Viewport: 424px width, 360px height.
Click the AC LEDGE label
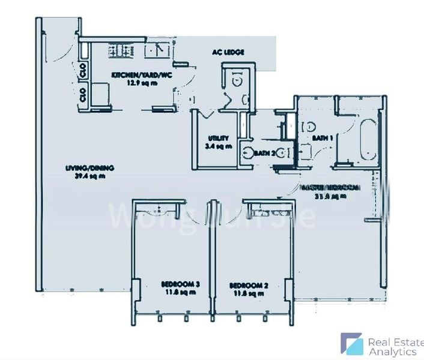click(x=228, y=53)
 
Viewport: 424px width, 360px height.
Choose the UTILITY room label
click(x=214, y=138)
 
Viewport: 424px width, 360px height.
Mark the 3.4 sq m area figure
click(x=215, y=146)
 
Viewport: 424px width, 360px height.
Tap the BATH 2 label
click(x=264, y=154)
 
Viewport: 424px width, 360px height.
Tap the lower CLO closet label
click(x=82, y=94)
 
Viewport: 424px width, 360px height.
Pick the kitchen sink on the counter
click(x=158, y=50)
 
